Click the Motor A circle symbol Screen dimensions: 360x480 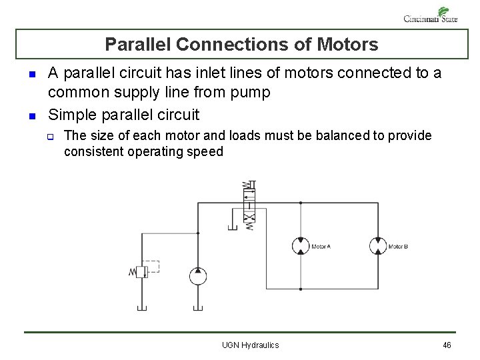pyautogui.click(x=301, y=245)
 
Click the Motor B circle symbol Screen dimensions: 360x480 pyautogui.click(x=378, y=245)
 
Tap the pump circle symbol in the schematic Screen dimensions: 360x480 pyautogui.click(x=197, y=275)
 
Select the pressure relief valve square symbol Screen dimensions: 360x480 pyautogui.click(x=141, y=271)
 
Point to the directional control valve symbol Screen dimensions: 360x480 pyautogui.click(x=249, y=204)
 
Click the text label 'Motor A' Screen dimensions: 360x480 pyautogui.click(x=321, y=247)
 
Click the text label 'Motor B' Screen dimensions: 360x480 pyautogui.click(x=398, y=247)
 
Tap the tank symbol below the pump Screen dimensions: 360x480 pyautogui.click(x=197, y=307)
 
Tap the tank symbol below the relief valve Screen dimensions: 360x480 pyautogui.click(x=141, y=307)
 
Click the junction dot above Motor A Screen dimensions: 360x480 pyautogui.click(x=301, y=201)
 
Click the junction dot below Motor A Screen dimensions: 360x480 pyautogui.click(x=301, y=289)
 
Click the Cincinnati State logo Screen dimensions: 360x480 pyautogui.click(x=431, y=15)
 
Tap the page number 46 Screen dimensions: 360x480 pyautogui.click(x=447, y=345)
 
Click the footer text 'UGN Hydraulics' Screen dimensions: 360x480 pyautogui.click(x=251, y=345)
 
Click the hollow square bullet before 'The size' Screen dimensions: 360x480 pyautogui.click(x=51, y=137)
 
